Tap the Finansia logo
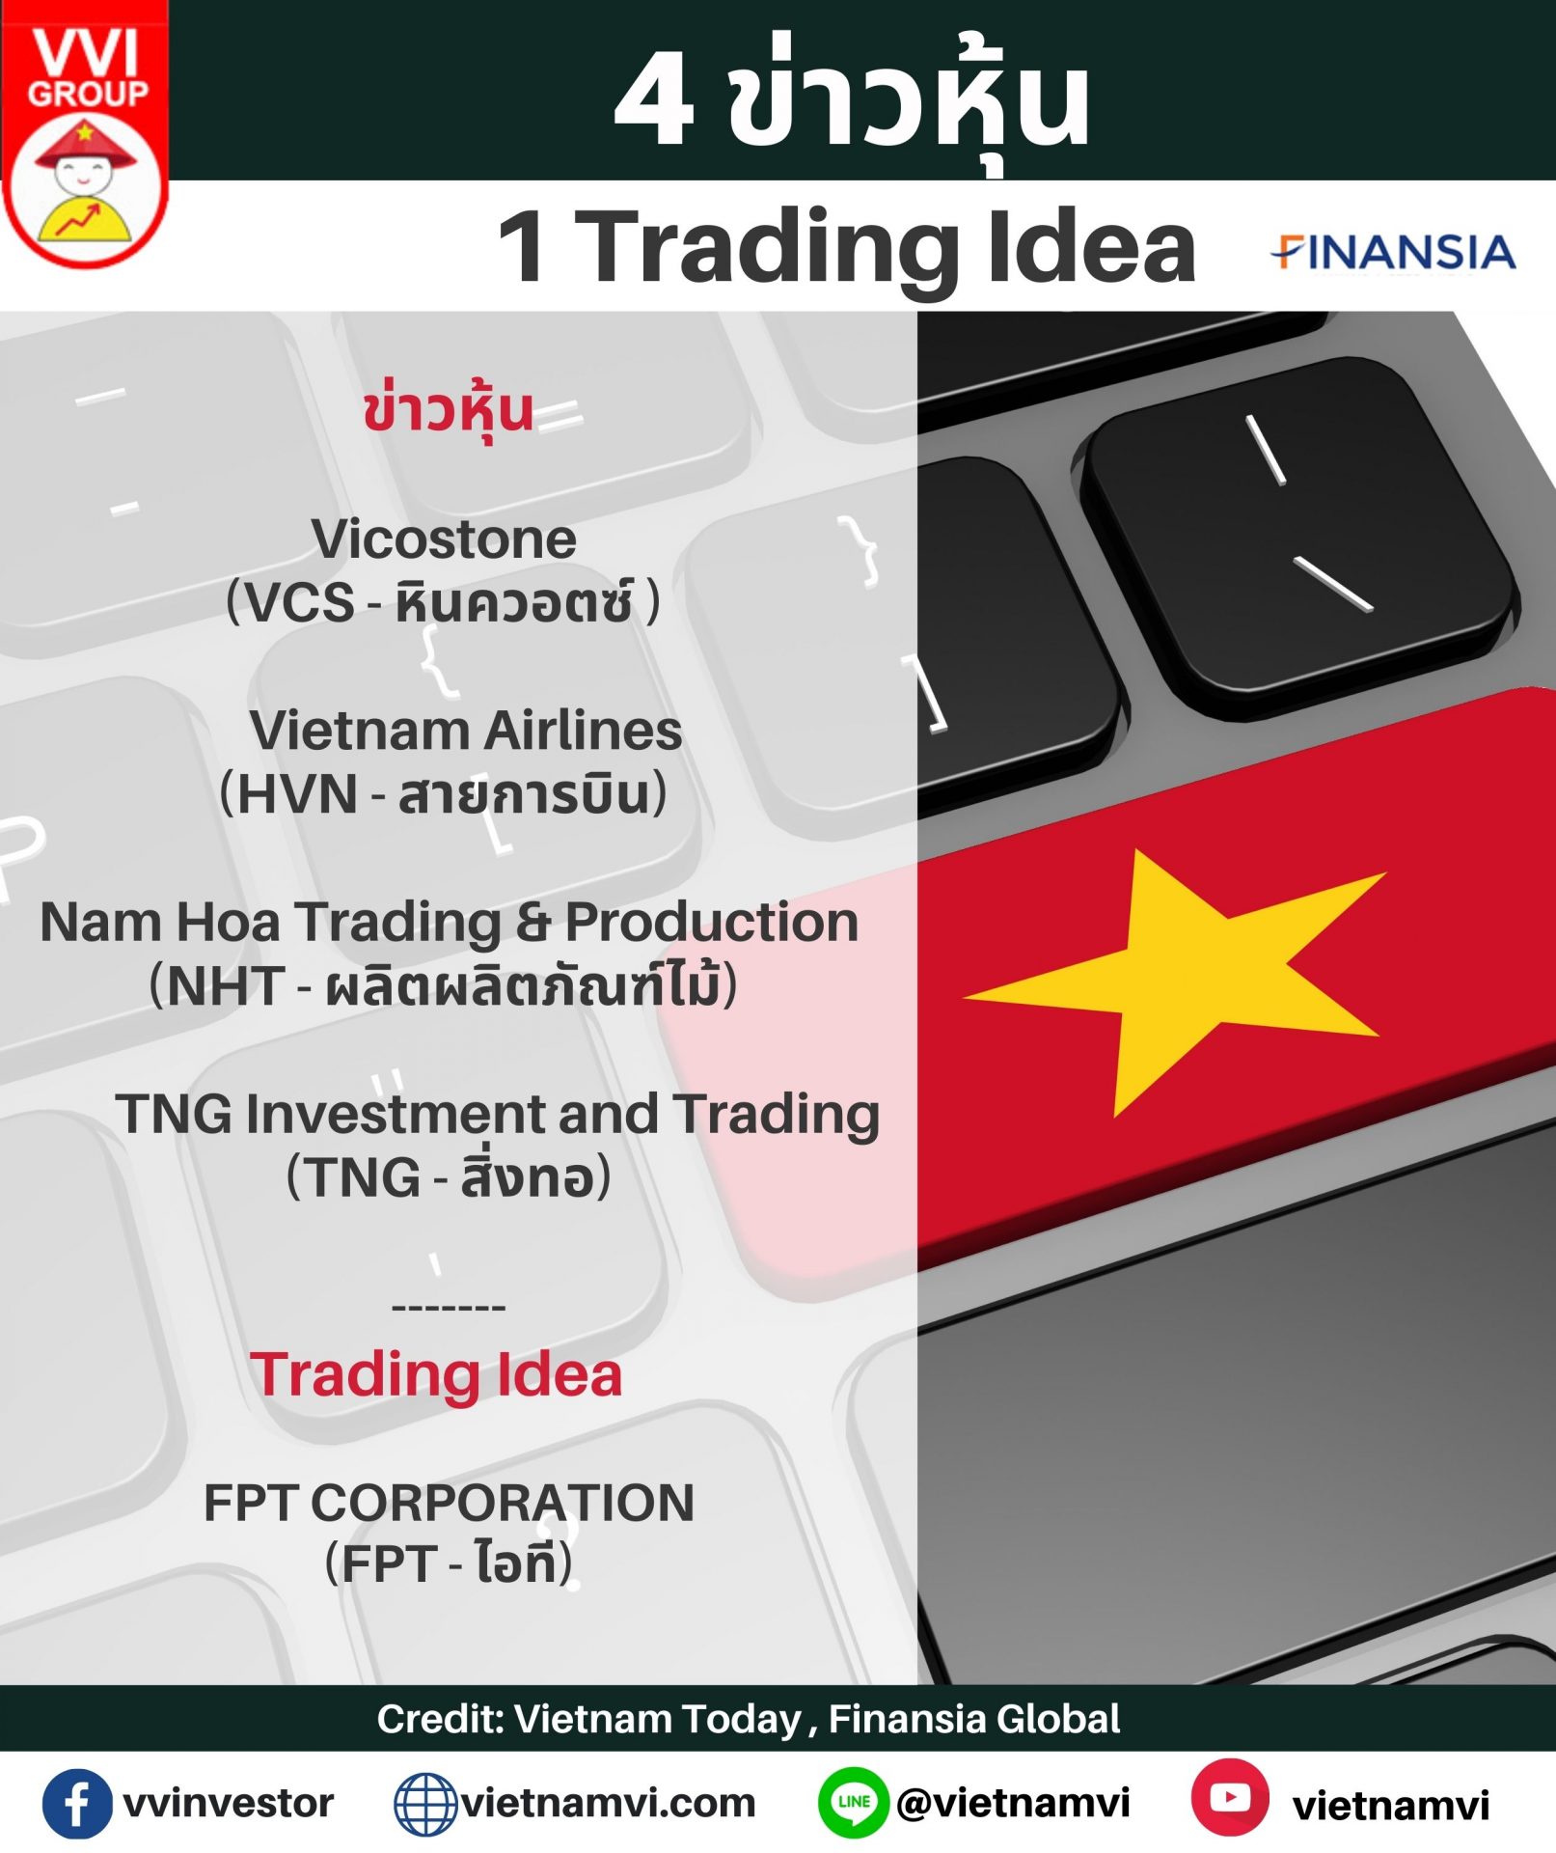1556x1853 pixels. (1393, 252)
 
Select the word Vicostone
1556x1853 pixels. (444, 539)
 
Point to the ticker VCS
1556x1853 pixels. (299, 602)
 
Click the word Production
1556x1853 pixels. (712, 922)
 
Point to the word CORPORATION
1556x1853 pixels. (502, 1503)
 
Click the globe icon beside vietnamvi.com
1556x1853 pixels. (425, 1804)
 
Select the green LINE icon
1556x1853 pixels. (853, 1803)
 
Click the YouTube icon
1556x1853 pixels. (1230, 1797)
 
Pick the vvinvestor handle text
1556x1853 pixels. (229, 1803)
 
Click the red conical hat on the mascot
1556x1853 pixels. (86, 146)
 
